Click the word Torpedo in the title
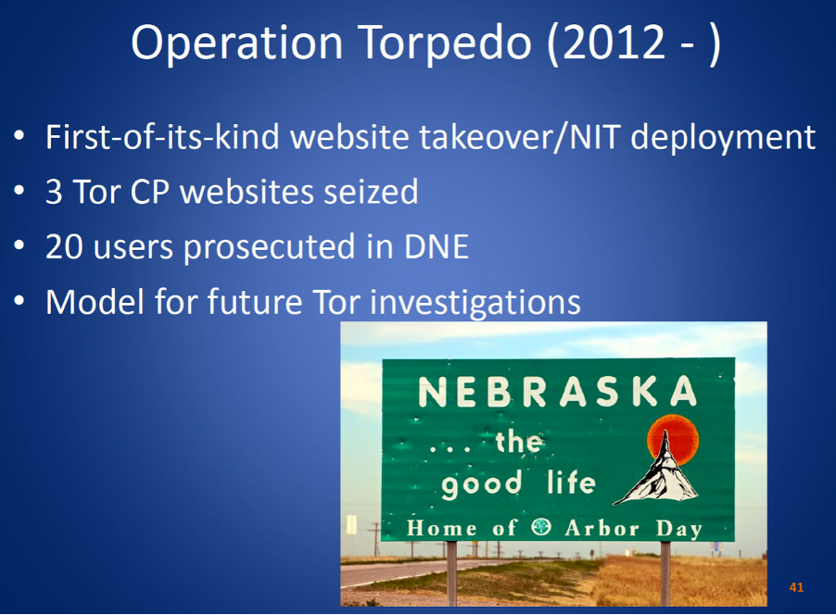coord(446,44)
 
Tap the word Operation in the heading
coord(236,44)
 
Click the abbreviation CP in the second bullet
coord(149,192)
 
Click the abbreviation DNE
coord(437,246)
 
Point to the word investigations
coord(475,303)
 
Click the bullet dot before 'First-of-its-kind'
coord(19,135)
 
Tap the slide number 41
coord(796,587)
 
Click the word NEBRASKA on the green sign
coord(558,392)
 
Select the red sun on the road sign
coord(673,440)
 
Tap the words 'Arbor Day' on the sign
coord(633,529)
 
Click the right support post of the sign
coord(665,573)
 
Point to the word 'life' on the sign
coord(571,483)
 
